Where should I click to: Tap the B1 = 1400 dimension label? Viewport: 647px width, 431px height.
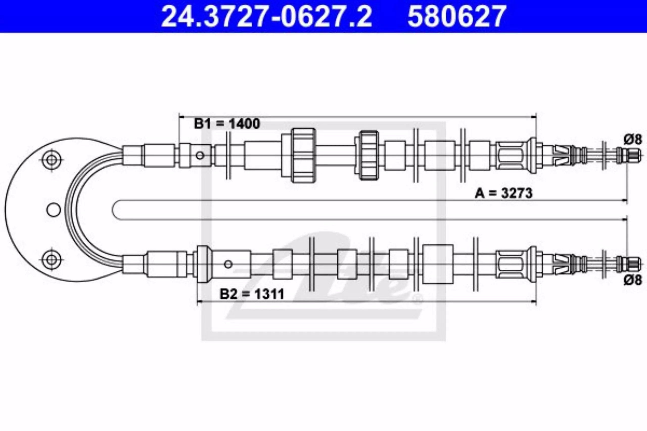(227, 124)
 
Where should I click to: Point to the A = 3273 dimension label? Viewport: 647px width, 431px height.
(503, 193)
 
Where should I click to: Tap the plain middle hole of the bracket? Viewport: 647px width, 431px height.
(53, 210)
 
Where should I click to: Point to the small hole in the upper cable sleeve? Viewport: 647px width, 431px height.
(200, 155)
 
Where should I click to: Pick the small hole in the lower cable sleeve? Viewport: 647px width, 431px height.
(228, 264)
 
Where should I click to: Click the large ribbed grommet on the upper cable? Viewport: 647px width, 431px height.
(303, 155)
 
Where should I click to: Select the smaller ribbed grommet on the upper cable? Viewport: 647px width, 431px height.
(369, 155)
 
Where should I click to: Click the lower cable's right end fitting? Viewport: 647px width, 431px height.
(628, 264)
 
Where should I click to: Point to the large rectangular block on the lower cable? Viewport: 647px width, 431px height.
(438, 264)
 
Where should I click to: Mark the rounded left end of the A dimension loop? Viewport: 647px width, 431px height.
(112, 210)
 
